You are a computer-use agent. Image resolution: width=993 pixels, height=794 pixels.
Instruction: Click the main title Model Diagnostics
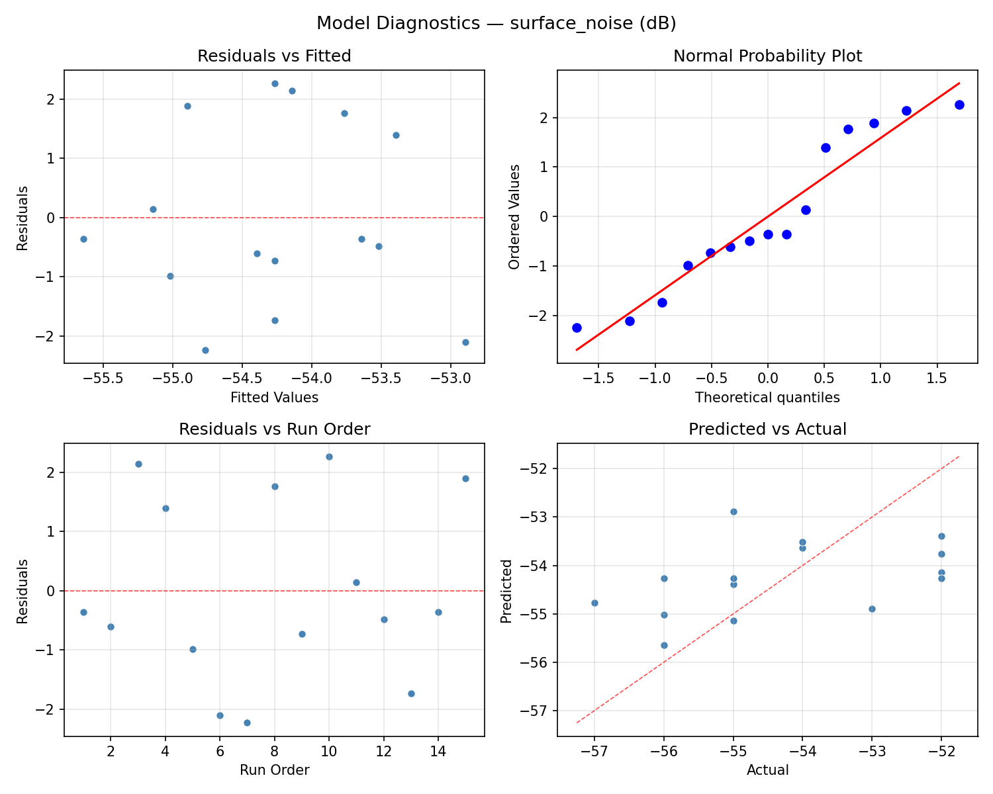(x=496, y=23)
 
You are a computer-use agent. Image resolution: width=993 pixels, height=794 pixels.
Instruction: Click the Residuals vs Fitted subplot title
(x=274, y=56)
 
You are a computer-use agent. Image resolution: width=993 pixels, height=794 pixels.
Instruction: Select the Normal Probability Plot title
(x=767, y=56)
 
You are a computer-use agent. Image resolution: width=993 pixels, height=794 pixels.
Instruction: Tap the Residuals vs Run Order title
(x=274, y=429)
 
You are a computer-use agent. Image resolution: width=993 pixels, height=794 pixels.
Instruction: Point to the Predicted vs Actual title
(x=767, y=429)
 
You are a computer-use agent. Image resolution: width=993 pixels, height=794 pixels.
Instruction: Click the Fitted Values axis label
(x=274, y=398)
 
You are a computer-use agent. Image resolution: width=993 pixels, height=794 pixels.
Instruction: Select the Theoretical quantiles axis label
(x=767, y=398)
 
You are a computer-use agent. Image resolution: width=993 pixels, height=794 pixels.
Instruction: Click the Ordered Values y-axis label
(x=514, y=216)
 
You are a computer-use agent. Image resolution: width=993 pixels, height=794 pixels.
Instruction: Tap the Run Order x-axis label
(x=274, y=770)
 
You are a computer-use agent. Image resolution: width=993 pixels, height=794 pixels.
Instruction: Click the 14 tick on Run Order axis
(x=438, y=752)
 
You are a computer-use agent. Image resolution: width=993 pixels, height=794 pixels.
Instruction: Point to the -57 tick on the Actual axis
(x=594, y=752)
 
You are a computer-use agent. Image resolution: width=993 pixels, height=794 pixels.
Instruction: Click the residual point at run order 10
(x=329, y=457)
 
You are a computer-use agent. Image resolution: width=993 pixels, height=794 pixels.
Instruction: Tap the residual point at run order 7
(x=247, y=723)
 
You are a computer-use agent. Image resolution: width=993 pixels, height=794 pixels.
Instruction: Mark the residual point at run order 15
(x=465, y=478)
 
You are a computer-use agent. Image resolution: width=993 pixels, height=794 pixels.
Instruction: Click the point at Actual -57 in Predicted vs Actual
(x=594, y=603)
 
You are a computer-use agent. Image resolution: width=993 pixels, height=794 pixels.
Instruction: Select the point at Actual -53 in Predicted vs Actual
(x=872, y=609)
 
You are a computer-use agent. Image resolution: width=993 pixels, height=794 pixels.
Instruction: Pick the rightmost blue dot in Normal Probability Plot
(x=959, y=105)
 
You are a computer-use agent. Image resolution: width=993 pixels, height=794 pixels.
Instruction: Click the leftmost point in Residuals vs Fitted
(x=83, y=239)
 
